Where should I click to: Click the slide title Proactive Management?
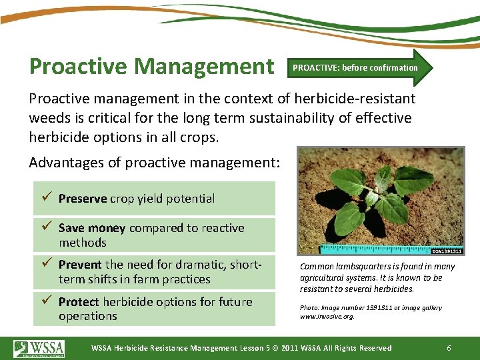coord(152,66)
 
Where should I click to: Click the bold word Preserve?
coord(83,199)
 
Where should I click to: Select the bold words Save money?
coord(92,228)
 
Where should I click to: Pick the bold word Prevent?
coord(80,265)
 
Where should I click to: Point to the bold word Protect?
coord(79,302)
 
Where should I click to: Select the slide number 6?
coord(449,348)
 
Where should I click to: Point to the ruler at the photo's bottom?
coord(373,250)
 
